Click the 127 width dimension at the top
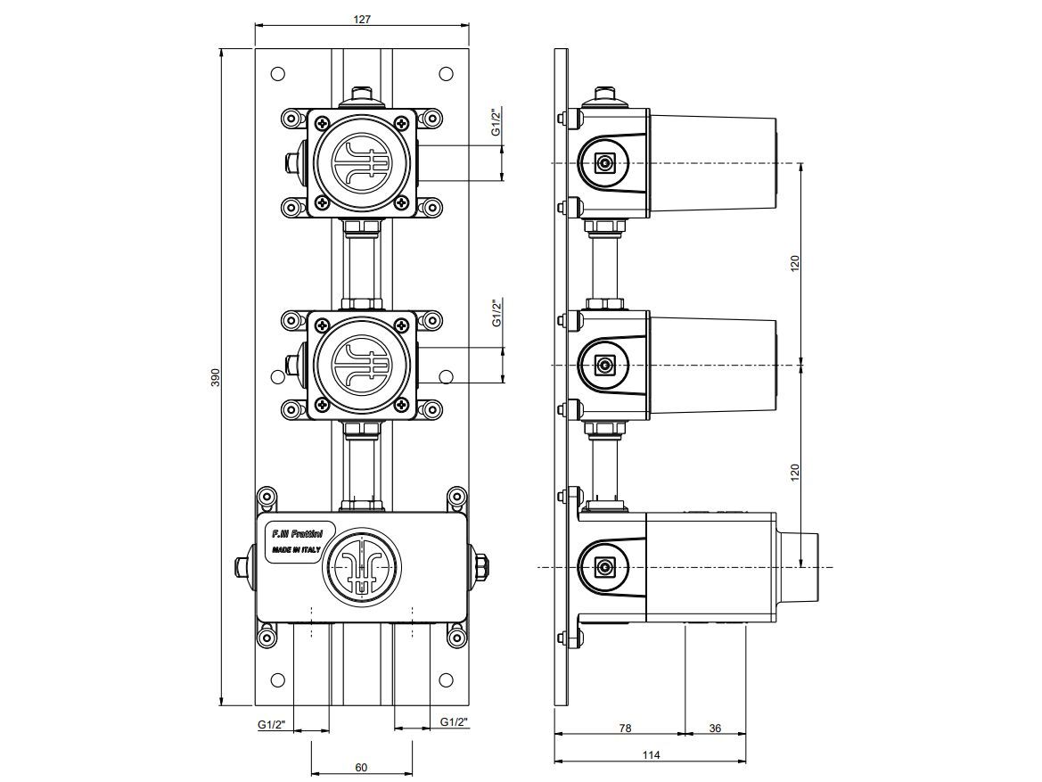pos(362,19)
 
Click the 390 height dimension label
pos(214,377)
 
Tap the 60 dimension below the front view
pos(361,766)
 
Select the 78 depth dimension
pos(625,728)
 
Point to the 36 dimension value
pos(715,728)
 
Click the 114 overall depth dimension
pos(651,755)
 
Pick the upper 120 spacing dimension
pos(795,263)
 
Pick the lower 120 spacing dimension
pos(795,469)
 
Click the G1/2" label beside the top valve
pos(496,122)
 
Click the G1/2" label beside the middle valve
pos(497,314)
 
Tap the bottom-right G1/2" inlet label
pos(454,722)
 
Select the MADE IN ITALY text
pos(296,550)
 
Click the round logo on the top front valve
pos(361,163)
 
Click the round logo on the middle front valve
pos(361,366)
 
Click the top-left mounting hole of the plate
pos(277,74)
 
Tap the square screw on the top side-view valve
pos(605,163)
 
